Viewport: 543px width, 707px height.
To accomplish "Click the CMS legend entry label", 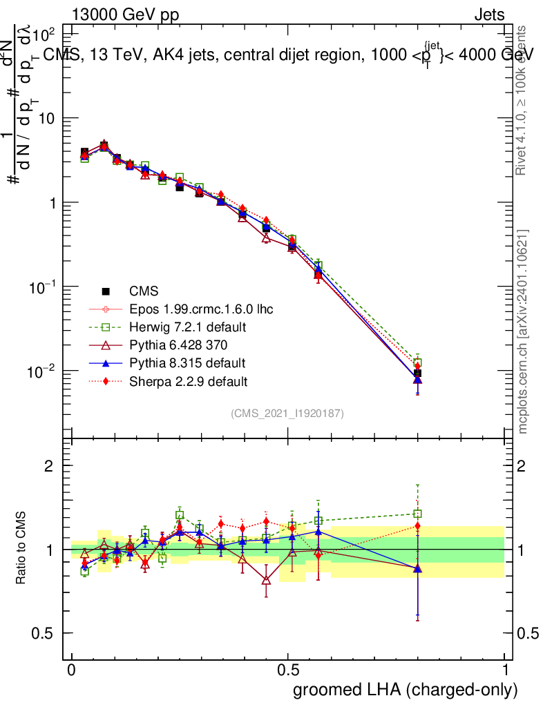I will [144, 291].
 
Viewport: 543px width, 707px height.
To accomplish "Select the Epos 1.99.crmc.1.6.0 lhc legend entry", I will [200, 309].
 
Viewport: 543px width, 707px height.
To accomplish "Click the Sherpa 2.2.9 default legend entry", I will [188, 380].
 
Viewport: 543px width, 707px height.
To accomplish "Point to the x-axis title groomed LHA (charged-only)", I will [406, 690].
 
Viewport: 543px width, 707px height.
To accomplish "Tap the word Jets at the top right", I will [488, 15].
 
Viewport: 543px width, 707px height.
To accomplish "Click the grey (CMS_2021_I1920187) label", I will [287, 414].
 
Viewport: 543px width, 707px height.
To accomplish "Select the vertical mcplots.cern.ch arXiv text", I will [523, 331].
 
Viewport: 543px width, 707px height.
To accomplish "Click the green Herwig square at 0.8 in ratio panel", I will [417, 514].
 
